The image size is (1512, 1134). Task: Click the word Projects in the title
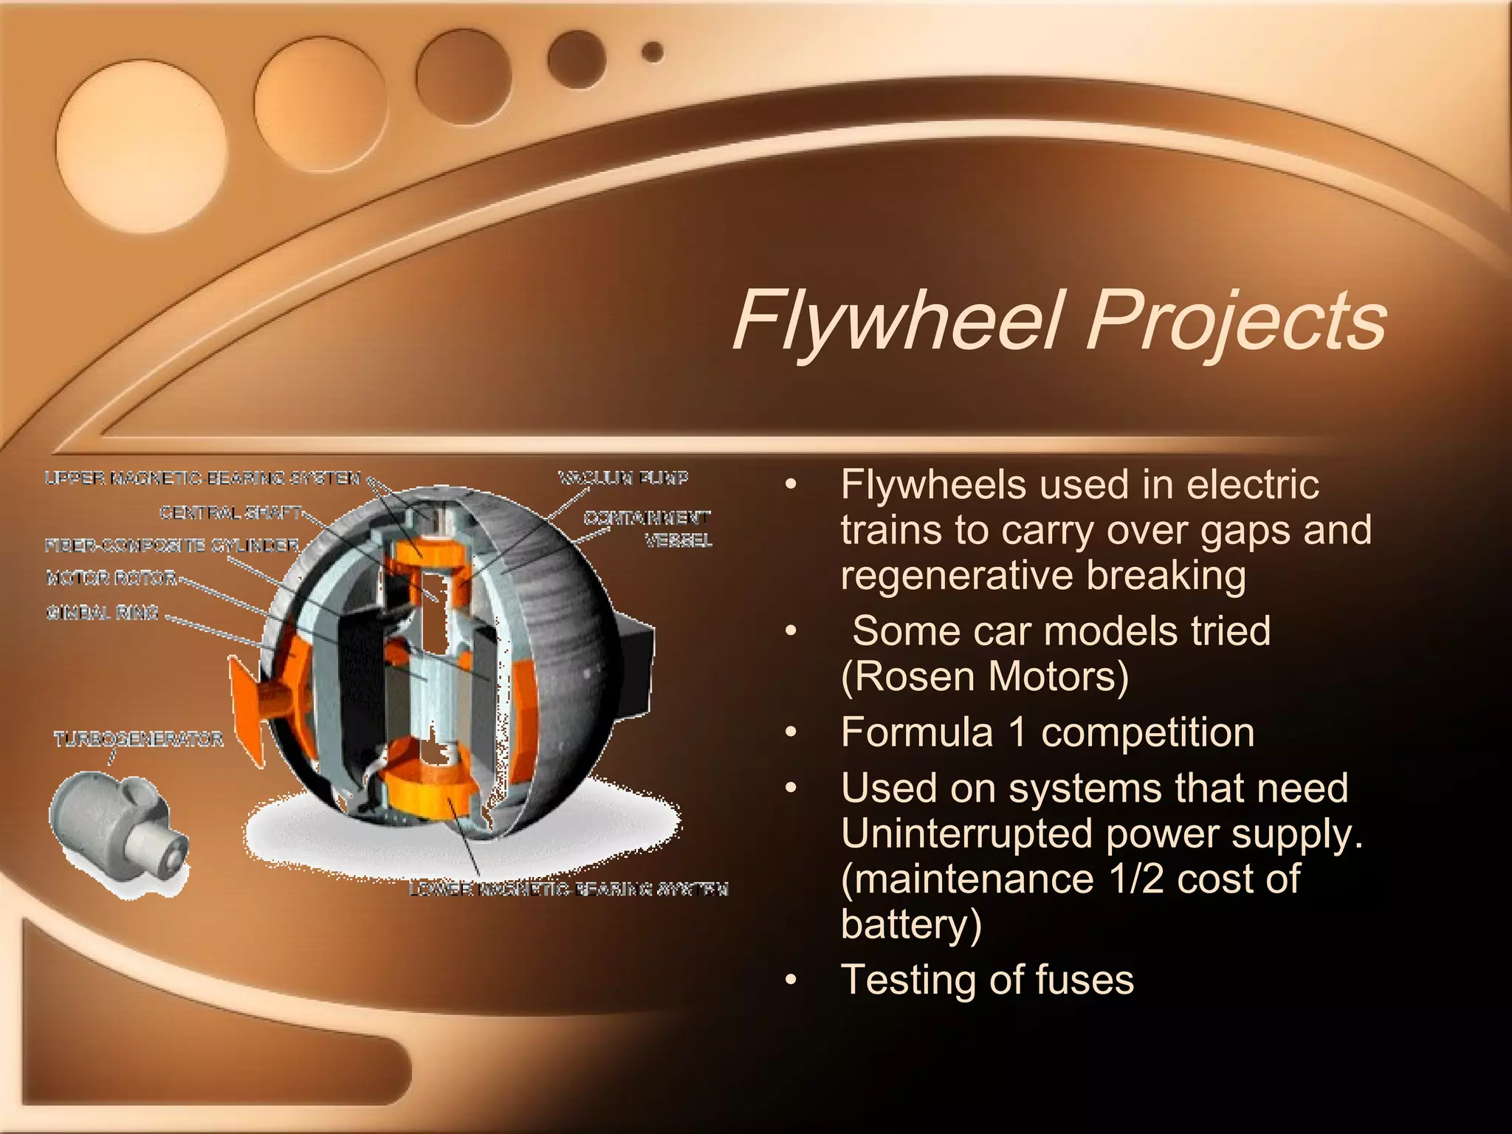click(x=1237, y=321)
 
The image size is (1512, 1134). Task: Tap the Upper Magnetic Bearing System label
click(x=202, y=478)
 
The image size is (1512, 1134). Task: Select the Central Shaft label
click(x=230, y=512)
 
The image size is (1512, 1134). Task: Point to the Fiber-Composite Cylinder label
click(x=172, y=546)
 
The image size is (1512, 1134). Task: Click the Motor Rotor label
click(x=111, y=578)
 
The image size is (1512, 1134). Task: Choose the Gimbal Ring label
click(x=103, y=612)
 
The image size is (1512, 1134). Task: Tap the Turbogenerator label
click(x=138, y=739)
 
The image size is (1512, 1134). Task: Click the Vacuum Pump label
click(x=623, y=478)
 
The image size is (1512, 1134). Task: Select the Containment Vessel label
click(x=647, y=529)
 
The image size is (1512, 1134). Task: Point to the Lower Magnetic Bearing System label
click(x=568, y=890)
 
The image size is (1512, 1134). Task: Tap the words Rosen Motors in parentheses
click(x=985, y=676)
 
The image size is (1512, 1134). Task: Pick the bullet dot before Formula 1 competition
click(x=791, y=732)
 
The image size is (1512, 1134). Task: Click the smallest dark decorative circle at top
click(x=653, y=52)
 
